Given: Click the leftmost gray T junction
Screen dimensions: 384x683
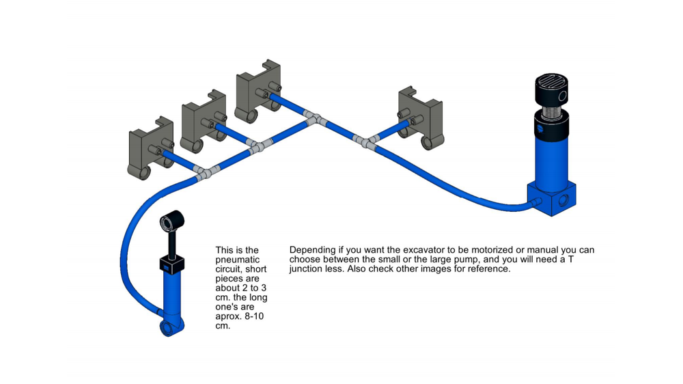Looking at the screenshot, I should (x=204, y=172).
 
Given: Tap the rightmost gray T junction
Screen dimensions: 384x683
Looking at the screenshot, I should (x=367, y=142).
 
